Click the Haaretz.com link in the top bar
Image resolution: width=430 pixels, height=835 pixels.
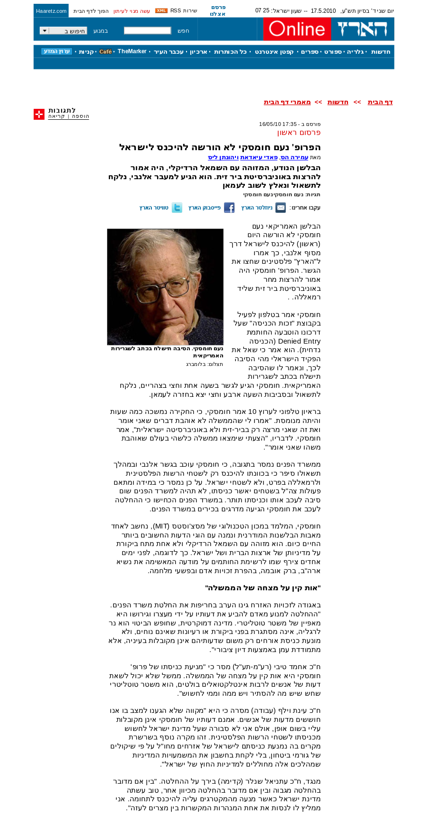[51, 11]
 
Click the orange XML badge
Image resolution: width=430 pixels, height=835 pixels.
[161, 10]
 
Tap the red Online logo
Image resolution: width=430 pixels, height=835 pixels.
[297, 29]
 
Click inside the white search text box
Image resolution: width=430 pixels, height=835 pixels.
[148, 31]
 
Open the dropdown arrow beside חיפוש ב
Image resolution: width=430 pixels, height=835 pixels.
[44, 31]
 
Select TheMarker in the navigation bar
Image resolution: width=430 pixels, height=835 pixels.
[132, 51]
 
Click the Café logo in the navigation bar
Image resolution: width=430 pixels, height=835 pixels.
[106, 52]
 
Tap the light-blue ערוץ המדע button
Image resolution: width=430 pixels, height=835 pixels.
[56, 51]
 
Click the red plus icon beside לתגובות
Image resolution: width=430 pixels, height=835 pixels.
[39, 114]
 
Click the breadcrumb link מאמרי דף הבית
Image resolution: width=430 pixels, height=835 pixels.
[287, 102]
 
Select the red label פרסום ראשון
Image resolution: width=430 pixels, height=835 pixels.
[299, 133]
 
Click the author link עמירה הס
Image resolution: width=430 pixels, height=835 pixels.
[294, 157]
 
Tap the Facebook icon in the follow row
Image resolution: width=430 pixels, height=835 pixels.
[229, 208]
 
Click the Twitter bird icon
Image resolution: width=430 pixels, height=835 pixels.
[177, 208]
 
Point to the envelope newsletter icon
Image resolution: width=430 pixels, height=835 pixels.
[280, 208]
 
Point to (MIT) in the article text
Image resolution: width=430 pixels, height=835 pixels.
[160, 526]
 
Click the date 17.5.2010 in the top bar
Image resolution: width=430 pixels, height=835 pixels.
[323, 11]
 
